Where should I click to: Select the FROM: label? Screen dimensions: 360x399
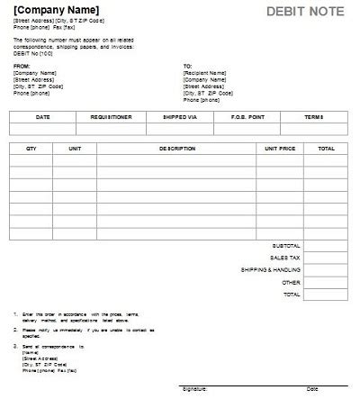pyautogui.click(x=22, y=66)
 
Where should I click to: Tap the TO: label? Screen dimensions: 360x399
pyautogui.click(x=187, y=66)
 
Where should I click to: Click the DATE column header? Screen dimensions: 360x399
pyautogui.click(x=42, y=117)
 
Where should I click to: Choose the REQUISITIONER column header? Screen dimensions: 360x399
pyautogui.click(x=111, y=117)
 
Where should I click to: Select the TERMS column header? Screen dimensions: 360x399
pyautogui.click(x=313, y=117)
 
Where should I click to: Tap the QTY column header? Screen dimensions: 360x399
pyautogui.click(x=31, y=148)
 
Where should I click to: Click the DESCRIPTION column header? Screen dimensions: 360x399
pyautogui.click(x=177, y=148)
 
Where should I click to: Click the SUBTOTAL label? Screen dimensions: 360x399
pyautogui.click(x=285, y=245)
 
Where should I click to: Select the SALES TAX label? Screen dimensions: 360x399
pyautogui.click(x=285, y=257)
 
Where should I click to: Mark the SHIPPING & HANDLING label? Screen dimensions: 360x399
pyautogui.click(x=271, y=269)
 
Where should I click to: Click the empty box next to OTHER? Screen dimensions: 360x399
pyautogui.click(x=326, y=282)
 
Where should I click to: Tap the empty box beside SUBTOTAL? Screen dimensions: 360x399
pyautogui.click(x=326, y=245)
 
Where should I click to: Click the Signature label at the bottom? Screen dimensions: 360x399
pyautogui.click(x=194, y=389)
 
